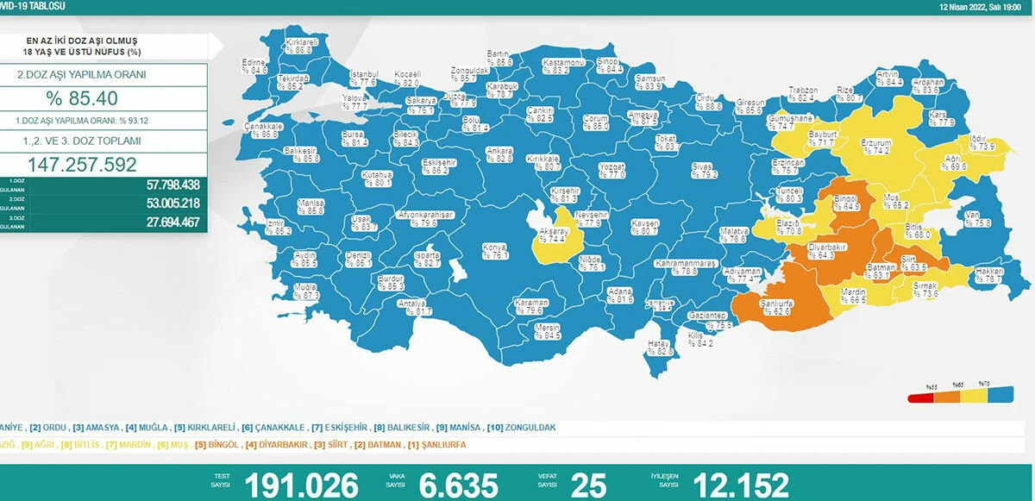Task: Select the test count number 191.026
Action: click(301, 485)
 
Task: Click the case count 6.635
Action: click(458, 485)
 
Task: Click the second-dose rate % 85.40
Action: click(82, 98)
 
